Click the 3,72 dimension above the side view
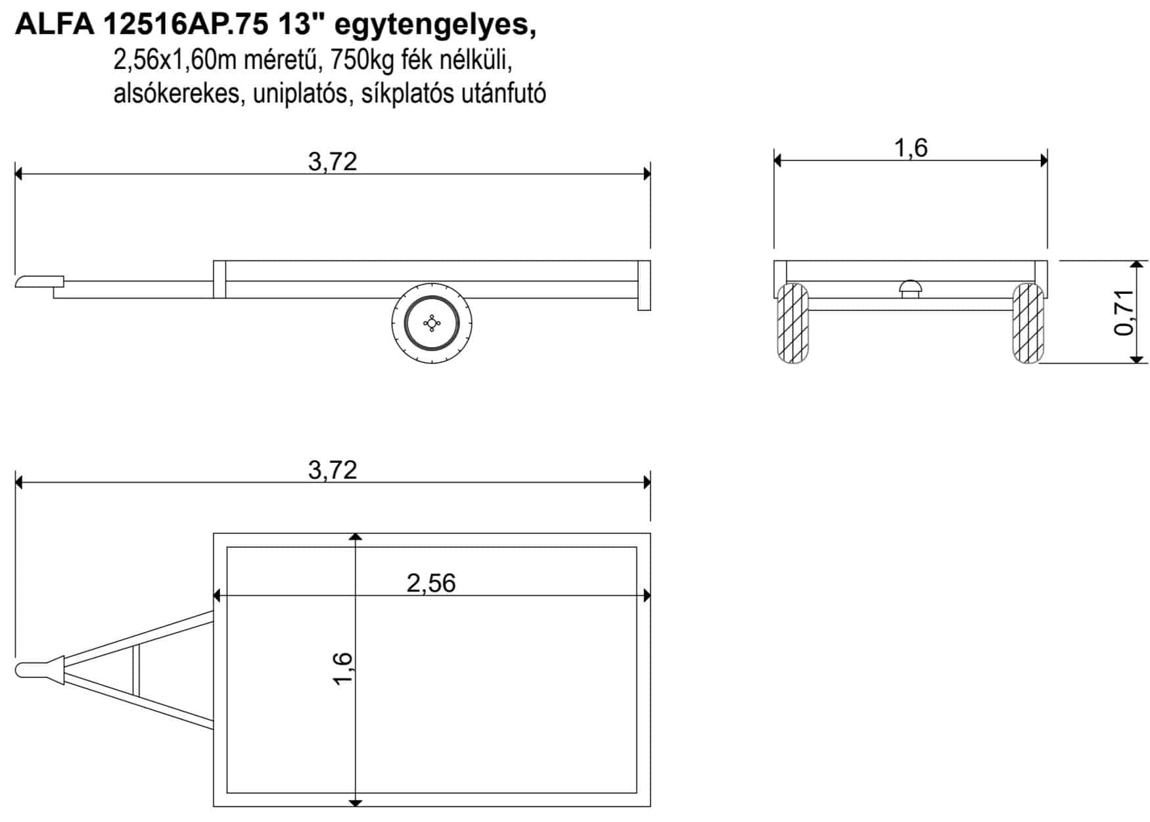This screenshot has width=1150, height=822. tap(333, 162)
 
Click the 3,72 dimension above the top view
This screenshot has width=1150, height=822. tap(333, 470)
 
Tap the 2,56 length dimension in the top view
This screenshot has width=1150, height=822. tap(431, 583)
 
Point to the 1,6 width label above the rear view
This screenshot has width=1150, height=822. tap(911, 148)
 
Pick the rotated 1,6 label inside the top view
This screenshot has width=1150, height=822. tap(343, 668)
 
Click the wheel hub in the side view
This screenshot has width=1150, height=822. tap(432, 323)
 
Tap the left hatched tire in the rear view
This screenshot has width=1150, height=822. tap(793, 324)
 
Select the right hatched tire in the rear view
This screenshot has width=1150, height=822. tap(1028, 324)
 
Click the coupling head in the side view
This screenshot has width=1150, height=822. tap(39, 281)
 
